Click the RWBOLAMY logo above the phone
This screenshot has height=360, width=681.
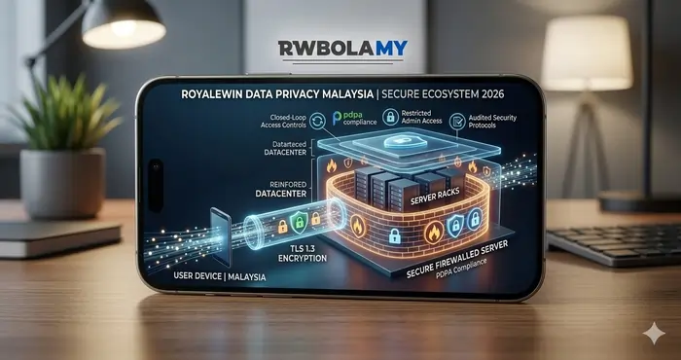click(340, 48)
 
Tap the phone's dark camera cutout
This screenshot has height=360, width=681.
click(156, 184)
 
